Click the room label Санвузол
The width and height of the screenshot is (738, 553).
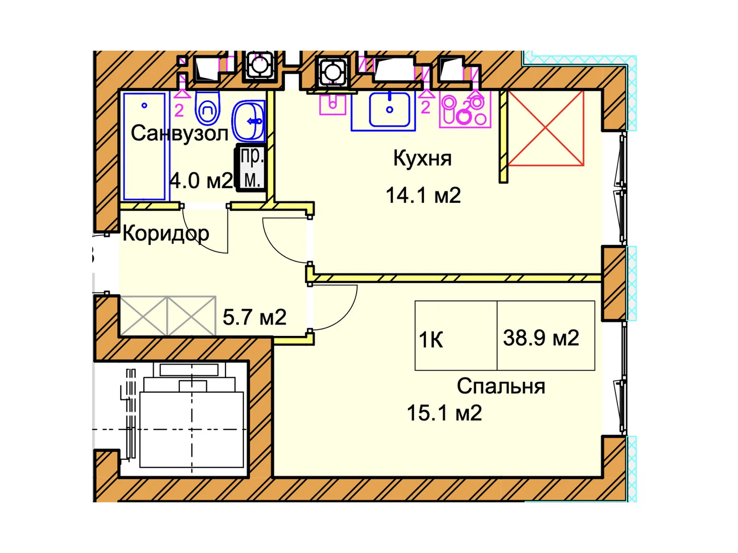(179, 133)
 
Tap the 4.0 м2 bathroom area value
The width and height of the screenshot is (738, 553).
(202, 181)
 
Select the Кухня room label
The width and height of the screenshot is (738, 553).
(423, 159)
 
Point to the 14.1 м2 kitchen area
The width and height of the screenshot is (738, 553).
(423, 195)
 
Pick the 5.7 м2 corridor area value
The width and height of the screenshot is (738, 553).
(255, 318)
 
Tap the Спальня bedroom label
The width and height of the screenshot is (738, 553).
(500, 387)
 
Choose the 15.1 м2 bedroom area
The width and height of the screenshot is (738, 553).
(444, 413)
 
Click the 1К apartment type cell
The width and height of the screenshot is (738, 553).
(456, 335)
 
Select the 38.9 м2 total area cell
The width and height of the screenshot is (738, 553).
(546, 335)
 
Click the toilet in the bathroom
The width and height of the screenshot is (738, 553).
(208, 107)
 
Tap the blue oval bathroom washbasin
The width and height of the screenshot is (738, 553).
(248, 121)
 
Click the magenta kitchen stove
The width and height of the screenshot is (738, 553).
(465, 111)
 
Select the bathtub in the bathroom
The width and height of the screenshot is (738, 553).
(144, 147)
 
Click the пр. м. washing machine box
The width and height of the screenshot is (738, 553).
(251, 168)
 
